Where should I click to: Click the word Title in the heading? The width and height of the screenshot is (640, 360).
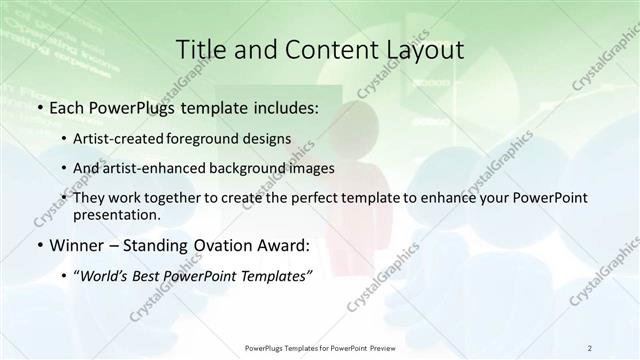200,50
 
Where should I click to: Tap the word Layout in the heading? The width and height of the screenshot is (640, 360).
419,50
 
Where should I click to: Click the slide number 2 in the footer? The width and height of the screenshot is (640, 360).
590,348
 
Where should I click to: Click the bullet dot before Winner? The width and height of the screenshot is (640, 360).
38,245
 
